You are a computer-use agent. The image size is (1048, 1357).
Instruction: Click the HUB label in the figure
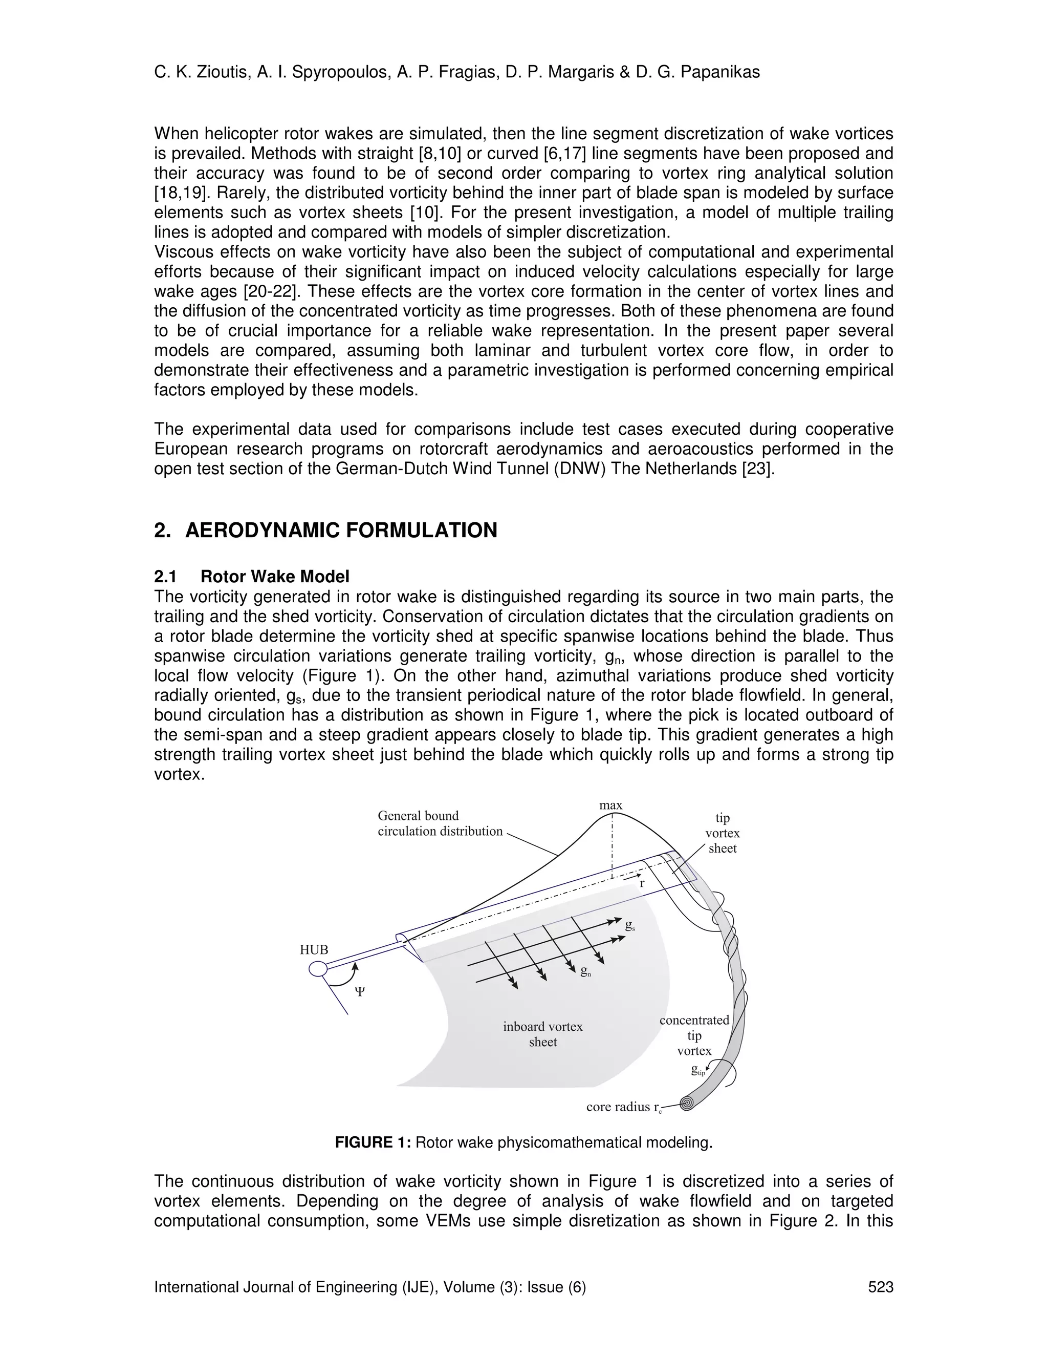point(314,950)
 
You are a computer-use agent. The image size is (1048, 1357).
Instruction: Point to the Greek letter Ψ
point(359,992)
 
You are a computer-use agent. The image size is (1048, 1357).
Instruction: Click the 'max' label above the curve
point(610,805)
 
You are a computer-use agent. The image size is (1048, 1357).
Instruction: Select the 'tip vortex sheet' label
point(722,833)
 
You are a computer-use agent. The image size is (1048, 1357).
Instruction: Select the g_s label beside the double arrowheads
point(629,925)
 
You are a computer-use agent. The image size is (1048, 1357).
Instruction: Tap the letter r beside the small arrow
point(642,883)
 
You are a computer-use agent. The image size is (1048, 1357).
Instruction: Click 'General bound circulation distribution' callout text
point(440,823)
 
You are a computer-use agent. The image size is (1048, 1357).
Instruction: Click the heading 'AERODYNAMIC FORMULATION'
point(341,531)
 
